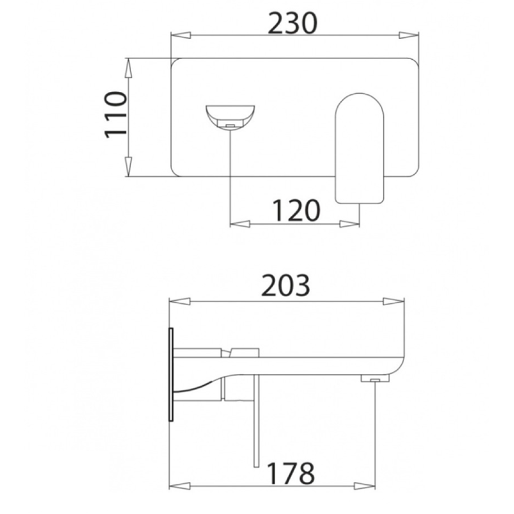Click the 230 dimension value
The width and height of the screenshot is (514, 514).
click(x=293, y=23)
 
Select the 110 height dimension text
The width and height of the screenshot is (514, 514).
click(x=115, y=115)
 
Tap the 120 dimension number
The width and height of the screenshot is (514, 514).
click(x=296, y=210)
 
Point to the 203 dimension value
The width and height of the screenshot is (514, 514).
click(x=285, y=286)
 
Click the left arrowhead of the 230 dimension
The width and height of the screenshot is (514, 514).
click(x=181, y=35)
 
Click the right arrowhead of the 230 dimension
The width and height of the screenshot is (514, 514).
click(x=409, y=35)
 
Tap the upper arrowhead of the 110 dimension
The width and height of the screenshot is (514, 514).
click(x=128, y=68)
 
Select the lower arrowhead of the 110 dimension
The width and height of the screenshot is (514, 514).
click(x=128, y=167)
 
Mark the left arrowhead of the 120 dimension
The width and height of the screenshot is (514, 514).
click(x=240, y=224)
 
